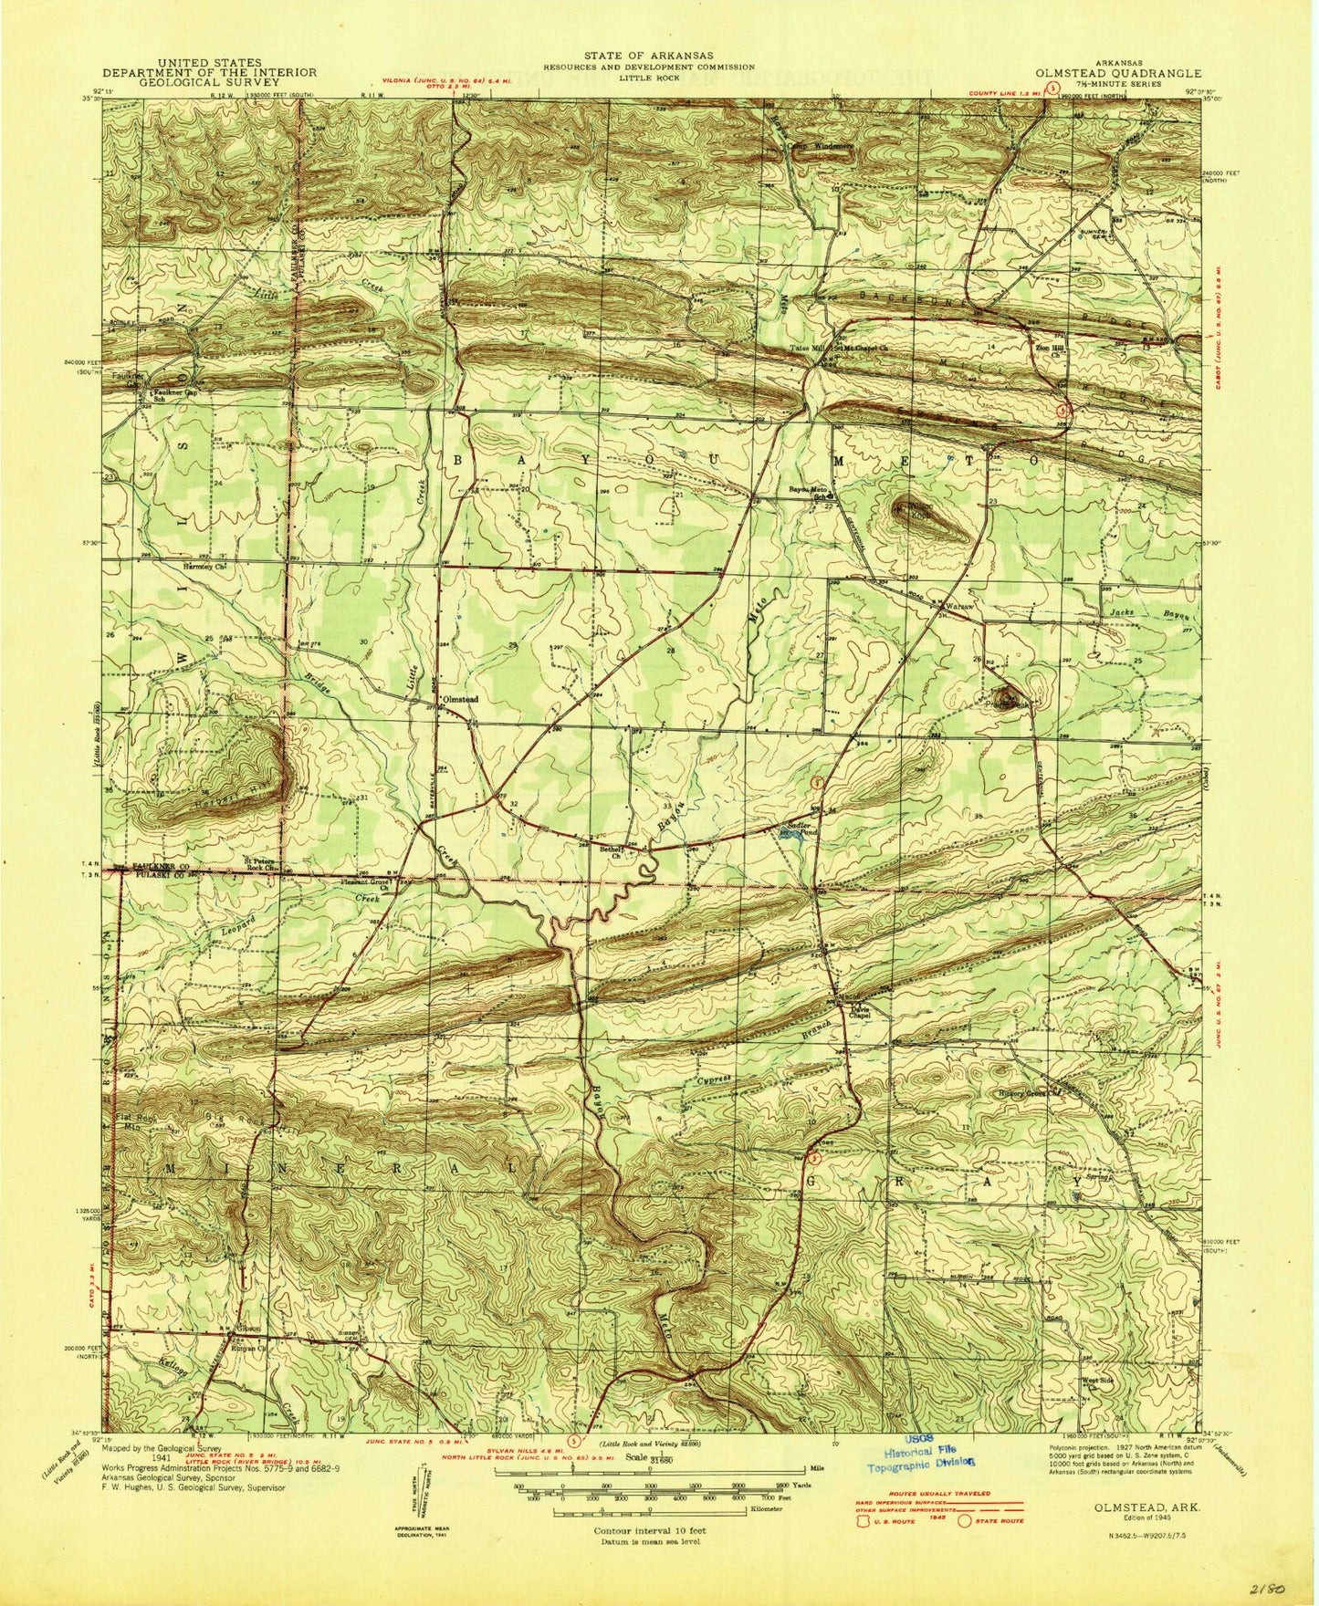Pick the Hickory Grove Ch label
pos(1032,1092)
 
